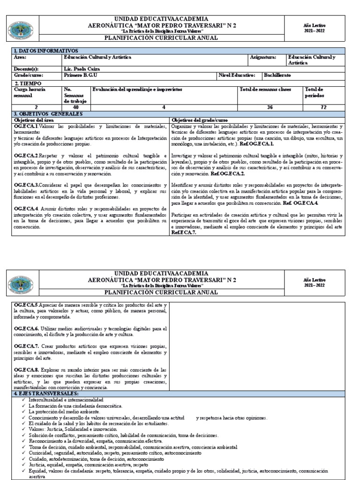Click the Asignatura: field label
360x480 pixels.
click(262, 57)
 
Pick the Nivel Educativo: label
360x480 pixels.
click(237, 75)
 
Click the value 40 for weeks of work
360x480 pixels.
click(75, 107)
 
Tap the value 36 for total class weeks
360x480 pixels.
click(270, 107)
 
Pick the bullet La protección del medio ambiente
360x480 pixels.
click(64, 411)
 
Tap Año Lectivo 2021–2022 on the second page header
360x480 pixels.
click(314, 282)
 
